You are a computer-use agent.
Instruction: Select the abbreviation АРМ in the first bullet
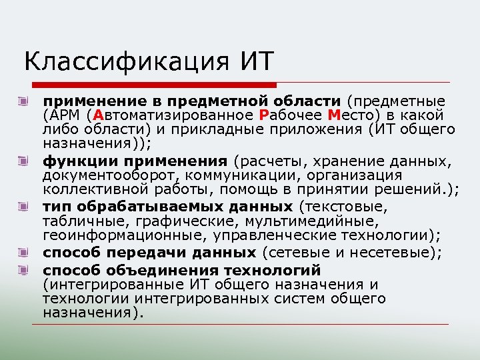[x=67, y=115]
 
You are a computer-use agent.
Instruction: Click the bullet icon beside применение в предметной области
[x=24, y=102]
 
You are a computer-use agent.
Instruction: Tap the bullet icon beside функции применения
[x=24, y=161]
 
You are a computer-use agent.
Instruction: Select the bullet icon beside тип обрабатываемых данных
[x=24, y=207]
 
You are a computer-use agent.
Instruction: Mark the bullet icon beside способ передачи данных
[x=24, y=252]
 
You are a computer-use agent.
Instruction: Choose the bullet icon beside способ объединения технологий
[x=24, y=270]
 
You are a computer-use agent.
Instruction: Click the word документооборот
[x=111, y=175]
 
